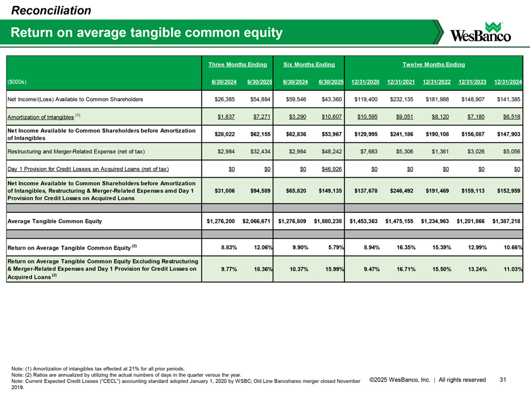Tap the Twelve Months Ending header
(434, 64)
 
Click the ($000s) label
(17, 82)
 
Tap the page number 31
(504, 379)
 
